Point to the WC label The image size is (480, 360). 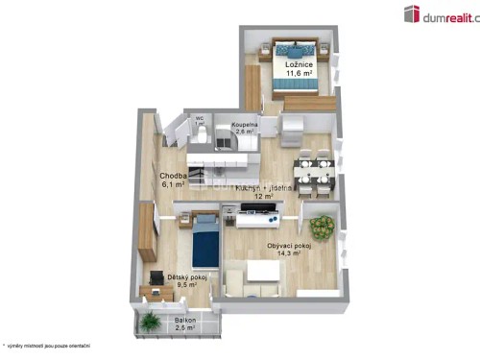[x=199, y=120]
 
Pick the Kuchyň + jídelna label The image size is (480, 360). [x=255, y=188]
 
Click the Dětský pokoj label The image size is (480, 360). [x=182, y=276]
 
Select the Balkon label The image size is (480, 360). [x=184, y=321]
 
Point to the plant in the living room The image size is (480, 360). [x=323, y=228]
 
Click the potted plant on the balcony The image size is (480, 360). [x=150, y=323]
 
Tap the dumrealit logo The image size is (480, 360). [x=440, y=13]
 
